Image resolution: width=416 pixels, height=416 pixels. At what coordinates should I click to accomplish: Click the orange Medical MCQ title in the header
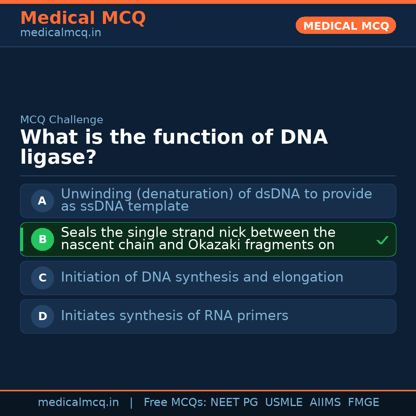click(x=83, y=18)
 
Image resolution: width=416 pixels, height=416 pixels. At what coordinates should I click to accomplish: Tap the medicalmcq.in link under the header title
click(x=60, y=33)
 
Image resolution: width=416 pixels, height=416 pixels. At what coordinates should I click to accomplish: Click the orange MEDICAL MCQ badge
click(x=346, y=26)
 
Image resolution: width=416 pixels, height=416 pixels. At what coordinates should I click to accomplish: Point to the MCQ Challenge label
click(x=62, y=120)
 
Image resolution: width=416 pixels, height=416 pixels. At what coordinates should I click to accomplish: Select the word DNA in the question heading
click(x=304, y=137)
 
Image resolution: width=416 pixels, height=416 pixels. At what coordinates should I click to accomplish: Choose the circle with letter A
click(x=42, y=201)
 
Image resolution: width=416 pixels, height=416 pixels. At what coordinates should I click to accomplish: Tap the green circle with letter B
click(x=42, y=239)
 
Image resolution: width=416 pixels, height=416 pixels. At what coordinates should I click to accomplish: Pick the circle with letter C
click(x=42, y=278)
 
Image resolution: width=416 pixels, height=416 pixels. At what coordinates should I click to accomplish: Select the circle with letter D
click(x=42, y=316)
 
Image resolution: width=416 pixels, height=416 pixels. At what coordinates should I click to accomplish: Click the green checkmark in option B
click(x=382, y=240)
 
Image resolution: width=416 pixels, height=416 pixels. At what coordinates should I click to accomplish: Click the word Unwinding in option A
click(x=91, y=194)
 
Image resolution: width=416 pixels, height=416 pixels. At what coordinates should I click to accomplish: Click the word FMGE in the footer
click(x=364, y=403)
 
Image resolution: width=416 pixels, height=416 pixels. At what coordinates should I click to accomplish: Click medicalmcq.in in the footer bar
click(x=78, y=403)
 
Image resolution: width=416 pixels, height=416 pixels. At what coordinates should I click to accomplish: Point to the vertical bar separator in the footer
click(x=131, y=403)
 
